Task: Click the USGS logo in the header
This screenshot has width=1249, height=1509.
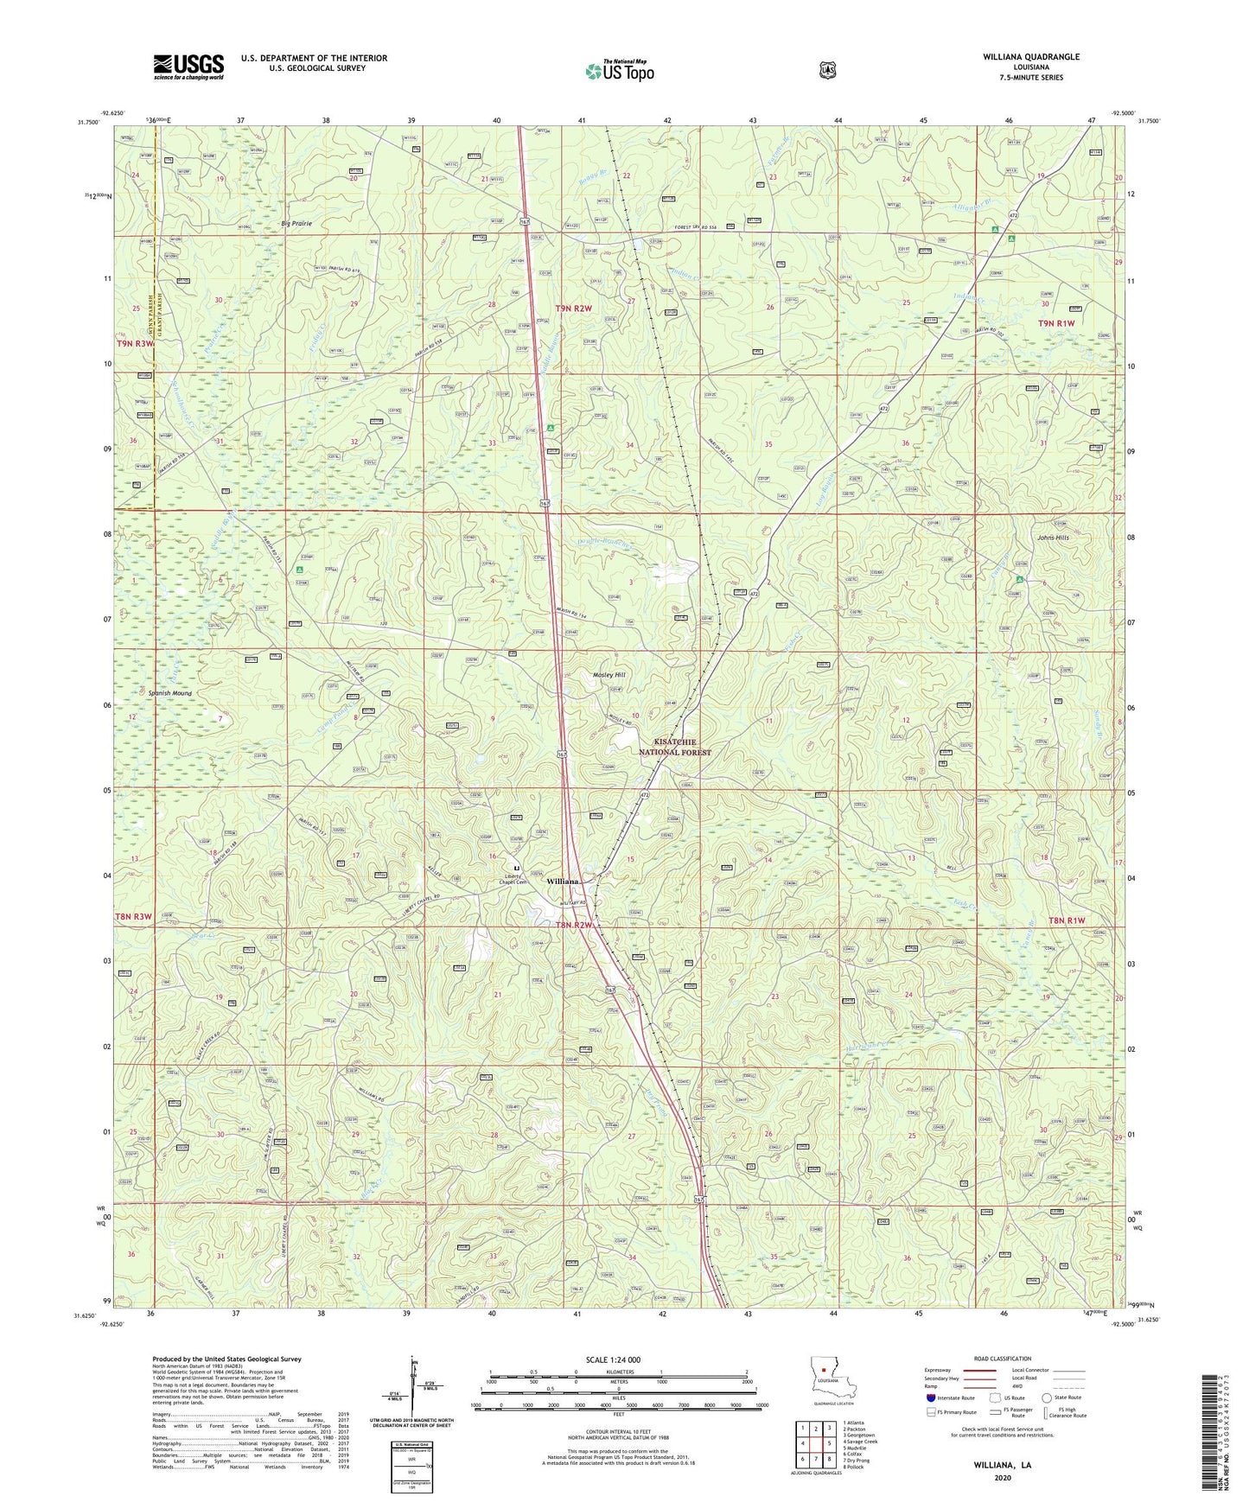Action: (x=188, y=66)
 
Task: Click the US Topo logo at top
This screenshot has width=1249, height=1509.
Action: (x=619, y=71)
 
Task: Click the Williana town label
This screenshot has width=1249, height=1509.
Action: (x=562, y=882)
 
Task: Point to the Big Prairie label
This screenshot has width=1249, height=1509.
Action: (x=296, y=224)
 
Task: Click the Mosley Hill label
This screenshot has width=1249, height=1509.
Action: (x=608, y=675)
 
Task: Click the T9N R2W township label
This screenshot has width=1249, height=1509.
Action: (x=573, y=308)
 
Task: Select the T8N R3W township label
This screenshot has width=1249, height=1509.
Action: (x=132, y=893)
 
